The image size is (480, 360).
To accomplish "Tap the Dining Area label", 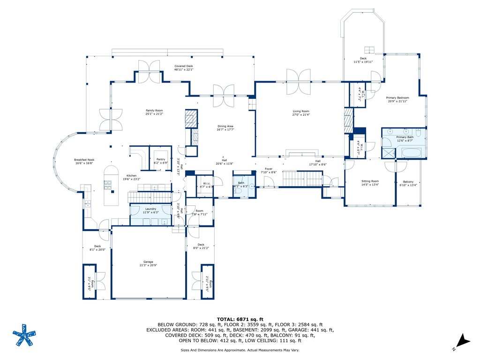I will [x=225, y=126].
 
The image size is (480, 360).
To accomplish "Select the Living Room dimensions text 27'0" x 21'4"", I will [x=301, y=114].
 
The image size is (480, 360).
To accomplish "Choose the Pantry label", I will [x=160, y=159].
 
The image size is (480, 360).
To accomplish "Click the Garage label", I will [x=148, y=262].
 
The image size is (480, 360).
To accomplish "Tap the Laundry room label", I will [x=150, y=209].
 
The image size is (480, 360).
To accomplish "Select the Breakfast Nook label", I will [x=84, y=160].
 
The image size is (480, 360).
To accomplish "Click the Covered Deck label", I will [x=184, y=67].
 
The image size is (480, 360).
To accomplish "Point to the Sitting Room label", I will [x=370, y=181].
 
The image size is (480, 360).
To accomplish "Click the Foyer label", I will [x=269, y=169].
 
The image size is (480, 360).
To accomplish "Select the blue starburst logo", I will [x=23, y=336].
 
